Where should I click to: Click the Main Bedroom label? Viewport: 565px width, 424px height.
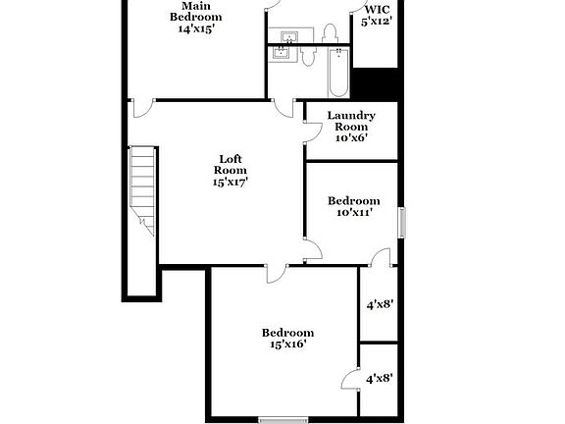click(196, 12)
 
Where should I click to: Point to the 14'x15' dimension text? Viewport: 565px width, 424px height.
click(196, 28)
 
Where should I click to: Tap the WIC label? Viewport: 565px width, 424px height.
click(378, 8)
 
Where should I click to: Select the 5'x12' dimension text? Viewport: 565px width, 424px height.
click(378, 21)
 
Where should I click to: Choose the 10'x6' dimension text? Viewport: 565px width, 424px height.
click(351, 137)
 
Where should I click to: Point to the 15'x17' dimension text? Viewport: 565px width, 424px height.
click(231, 181)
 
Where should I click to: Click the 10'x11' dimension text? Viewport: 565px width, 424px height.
click(353, 212)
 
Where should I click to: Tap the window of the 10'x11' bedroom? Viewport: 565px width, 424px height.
click(401, 222)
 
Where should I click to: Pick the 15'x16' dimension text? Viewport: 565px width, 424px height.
click(287, 344)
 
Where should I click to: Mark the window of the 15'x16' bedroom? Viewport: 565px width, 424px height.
click(277, 420)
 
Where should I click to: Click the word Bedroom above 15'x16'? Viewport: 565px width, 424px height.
click(287, 332)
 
